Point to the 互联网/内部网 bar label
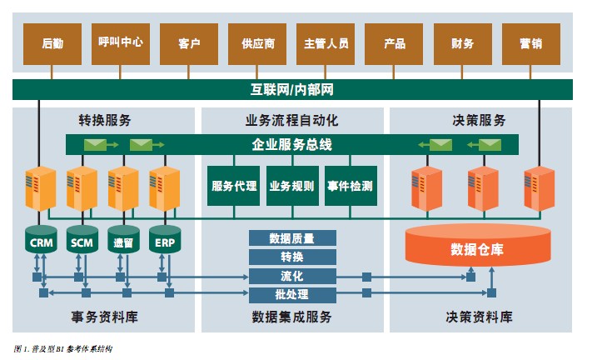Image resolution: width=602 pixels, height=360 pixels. (x=293, y=89)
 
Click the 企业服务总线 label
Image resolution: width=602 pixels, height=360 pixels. (x=292, y=145)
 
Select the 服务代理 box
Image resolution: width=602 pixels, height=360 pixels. (x=235, y=186)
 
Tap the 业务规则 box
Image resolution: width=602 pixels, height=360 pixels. (x=291, y=186)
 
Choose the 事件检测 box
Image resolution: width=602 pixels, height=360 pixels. (x=349, y=186)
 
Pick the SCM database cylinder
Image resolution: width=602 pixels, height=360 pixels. (x=82, y=242)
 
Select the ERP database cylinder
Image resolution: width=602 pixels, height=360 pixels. (x=164, y=242)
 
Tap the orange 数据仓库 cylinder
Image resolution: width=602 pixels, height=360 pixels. (x=477, y=248)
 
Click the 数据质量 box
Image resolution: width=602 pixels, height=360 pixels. (x=292, y=238)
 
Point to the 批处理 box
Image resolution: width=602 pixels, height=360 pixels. (x=292, y=295)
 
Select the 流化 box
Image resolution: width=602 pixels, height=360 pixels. (x=292, y=276)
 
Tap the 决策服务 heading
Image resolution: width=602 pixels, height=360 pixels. (x=480, y=119)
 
